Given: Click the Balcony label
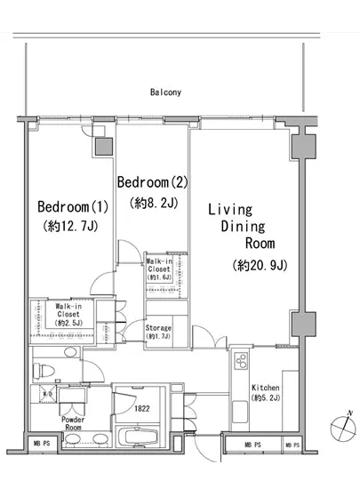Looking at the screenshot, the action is (x=165, y=92).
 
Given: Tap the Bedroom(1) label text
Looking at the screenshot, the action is (x=73, y=207).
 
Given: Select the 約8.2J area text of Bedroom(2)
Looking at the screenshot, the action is (x=154, y=203).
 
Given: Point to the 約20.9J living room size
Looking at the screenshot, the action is (x=260, y=266).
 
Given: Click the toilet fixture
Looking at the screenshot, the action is (x=44, y=371).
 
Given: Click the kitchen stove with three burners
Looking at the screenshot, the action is (x=241, y=361).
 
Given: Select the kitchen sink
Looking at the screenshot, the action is (x=240, y=412).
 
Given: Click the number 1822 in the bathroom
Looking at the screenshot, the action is (x=142, y=409).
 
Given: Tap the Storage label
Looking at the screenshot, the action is (x=158, y=328).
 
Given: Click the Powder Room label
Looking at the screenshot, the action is (x=73, y=423).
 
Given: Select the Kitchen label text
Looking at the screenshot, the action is (x=266, y=388).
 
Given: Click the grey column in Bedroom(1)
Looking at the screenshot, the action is (x=104, y=147).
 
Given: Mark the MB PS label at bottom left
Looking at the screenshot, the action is (x=42, y=443).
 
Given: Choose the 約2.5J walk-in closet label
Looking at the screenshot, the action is (x=68, y=323).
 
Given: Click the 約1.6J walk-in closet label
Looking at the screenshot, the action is (x=159, y=277).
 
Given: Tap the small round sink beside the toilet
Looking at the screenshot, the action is (x=70, y=352).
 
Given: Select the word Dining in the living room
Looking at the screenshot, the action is (x=243, y=227).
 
